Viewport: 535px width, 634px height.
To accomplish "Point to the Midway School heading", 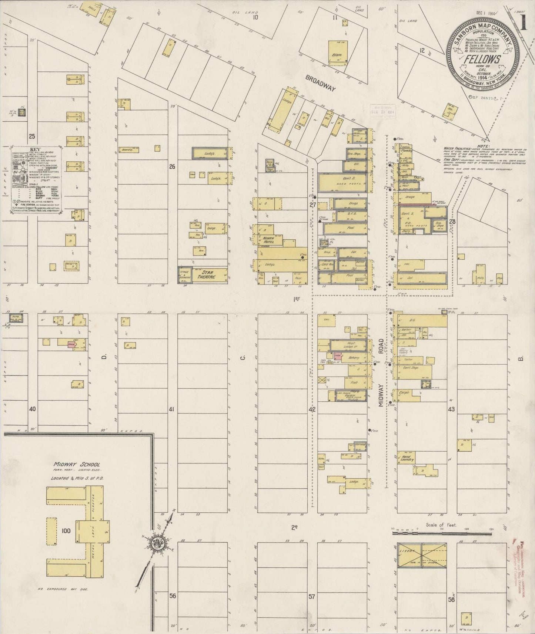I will coord(76,465).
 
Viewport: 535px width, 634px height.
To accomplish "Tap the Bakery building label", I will coord(354,358).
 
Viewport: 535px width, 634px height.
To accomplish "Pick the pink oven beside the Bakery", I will coord(337,356).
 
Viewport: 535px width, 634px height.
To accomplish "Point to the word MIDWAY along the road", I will coord(382,395).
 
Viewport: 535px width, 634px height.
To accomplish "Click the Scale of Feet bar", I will coord(442,533).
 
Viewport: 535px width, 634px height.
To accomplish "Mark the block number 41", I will coord(171,409).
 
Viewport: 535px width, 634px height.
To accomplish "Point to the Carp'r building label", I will coord(404,392).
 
